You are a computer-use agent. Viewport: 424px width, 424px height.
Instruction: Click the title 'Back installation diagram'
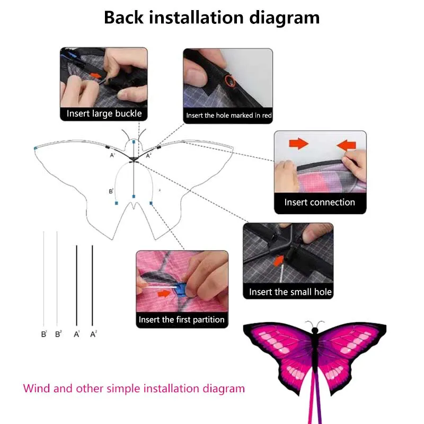pyautogui.click(x=211, y=17)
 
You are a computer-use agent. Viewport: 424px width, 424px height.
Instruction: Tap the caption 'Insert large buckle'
pyautogui.click(x=104, y=113)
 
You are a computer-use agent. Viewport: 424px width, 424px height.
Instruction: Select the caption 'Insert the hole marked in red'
pyautogui.click(x=228, y=115)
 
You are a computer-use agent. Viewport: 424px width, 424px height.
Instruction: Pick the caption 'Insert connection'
pyautogui.click(x=320, y=202)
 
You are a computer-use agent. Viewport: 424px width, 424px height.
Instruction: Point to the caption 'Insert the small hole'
pyautogui.click(x=290, y=292)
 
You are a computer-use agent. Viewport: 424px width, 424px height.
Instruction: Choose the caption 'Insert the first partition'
pyautogui.click(x=182, y=320)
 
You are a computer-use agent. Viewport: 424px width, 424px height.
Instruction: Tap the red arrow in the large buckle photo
pyautogui.click(x=96, y=76)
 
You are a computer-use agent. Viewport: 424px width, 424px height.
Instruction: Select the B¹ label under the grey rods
pyautogui.click(x=44, y=334)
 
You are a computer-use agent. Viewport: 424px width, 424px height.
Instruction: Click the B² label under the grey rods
pyautogui.click(x=58, y=334)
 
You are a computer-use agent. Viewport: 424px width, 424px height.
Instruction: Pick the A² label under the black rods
pyautogui.click(x=93, y=334)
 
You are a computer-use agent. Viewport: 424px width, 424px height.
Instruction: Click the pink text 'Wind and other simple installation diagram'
pyautogui.click(x=134, y=388)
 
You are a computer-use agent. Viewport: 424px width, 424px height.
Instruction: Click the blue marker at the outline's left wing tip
pyautogui.click(x=35, y=148)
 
